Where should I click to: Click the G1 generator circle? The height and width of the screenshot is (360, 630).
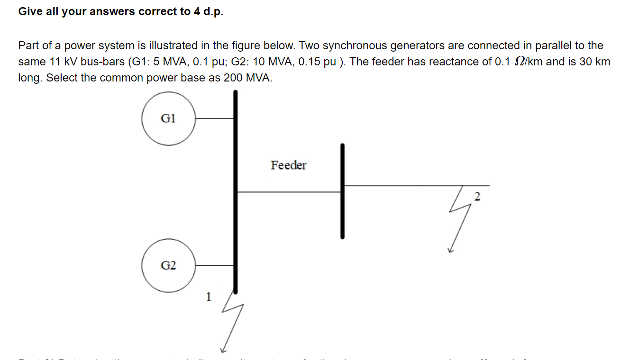[168, 118]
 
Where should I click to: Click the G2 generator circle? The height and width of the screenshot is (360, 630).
[168, 266]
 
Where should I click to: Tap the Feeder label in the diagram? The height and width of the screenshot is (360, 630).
[288, 165]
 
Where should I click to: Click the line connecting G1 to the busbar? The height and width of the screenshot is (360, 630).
[214, 118]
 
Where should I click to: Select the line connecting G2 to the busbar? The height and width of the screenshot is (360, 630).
[214, 266]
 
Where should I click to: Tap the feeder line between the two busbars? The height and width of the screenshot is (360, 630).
[288, 192]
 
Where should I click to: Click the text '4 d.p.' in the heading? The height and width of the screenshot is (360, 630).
[208, 12]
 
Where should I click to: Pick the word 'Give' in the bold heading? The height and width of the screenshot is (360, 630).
[29, 12]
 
